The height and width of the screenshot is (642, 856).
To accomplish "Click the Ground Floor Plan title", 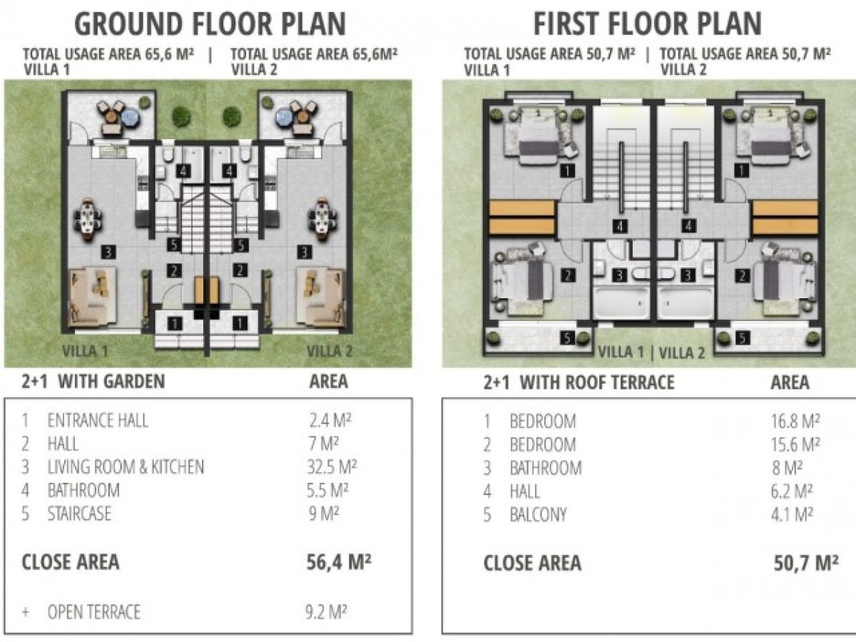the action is point(210,24).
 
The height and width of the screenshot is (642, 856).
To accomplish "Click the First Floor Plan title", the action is point(648,24).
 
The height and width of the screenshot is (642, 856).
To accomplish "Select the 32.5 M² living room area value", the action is point(332,467).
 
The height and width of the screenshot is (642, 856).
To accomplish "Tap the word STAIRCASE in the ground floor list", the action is point(79,514).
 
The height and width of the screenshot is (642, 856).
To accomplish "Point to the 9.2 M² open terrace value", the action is point(326,612).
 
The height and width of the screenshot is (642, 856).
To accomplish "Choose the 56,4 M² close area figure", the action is point(339,561).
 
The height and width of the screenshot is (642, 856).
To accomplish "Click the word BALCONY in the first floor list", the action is point(538,515).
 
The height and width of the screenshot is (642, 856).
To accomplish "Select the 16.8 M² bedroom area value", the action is point(795,421).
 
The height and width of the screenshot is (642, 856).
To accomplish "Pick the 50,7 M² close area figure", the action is point(805,564).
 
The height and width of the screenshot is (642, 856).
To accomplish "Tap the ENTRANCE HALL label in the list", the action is point(98,421).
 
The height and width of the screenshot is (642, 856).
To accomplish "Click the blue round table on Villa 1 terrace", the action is point(128,116).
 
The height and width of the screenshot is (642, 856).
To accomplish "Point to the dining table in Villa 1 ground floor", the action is point(88,220).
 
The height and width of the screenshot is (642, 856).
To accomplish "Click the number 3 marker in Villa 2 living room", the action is point(304,253).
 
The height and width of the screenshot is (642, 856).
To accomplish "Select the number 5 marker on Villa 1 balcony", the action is point(567,338).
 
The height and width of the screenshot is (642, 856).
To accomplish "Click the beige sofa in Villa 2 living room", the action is point(321,297).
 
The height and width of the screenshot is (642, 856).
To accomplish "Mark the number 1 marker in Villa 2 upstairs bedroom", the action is point(741,170).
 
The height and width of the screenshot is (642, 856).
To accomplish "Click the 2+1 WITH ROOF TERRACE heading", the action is point(579,382).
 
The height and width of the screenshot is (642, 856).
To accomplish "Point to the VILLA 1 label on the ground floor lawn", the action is point(85,351).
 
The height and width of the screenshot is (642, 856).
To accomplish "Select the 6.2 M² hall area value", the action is point(792,491).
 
